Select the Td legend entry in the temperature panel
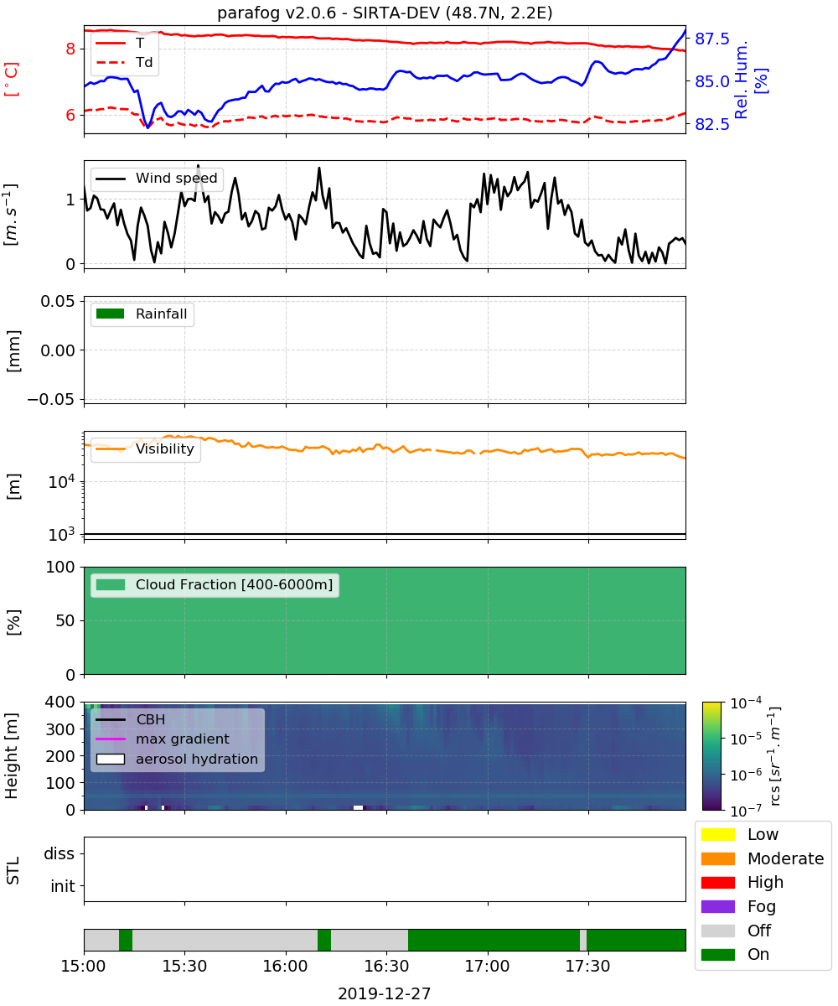pyautogui.click(x=124, y=62)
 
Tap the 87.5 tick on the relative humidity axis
pyautogui.click(x=711, y=39)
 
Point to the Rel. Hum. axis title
pyautogui.click(x=741, y=80)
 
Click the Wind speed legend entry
pyautogui.click(x=157, y=178)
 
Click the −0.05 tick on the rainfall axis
pyautogui.click(x=51, y=399)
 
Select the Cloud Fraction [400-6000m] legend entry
pyautogui.click(x=215, y=584)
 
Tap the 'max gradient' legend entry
pyautogui.click(x=163, y=739)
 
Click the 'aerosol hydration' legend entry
pyautogui.click(x=177, y=759)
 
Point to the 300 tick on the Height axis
pyautogui.click(x=60, y=729)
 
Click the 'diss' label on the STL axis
pyautogui.click(x=59, y=853)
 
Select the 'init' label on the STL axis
pyautogui.click(x=63, y=886)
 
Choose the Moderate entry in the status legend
pyautogui.click(x=763, y=858)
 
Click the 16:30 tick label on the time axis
pyautogui.click(x=386, y=966)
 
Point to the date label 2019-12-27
pyautogui.click(x=385, y=994)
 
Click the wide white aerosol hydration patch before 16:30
pyautogui.click(x=359, y=807)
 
